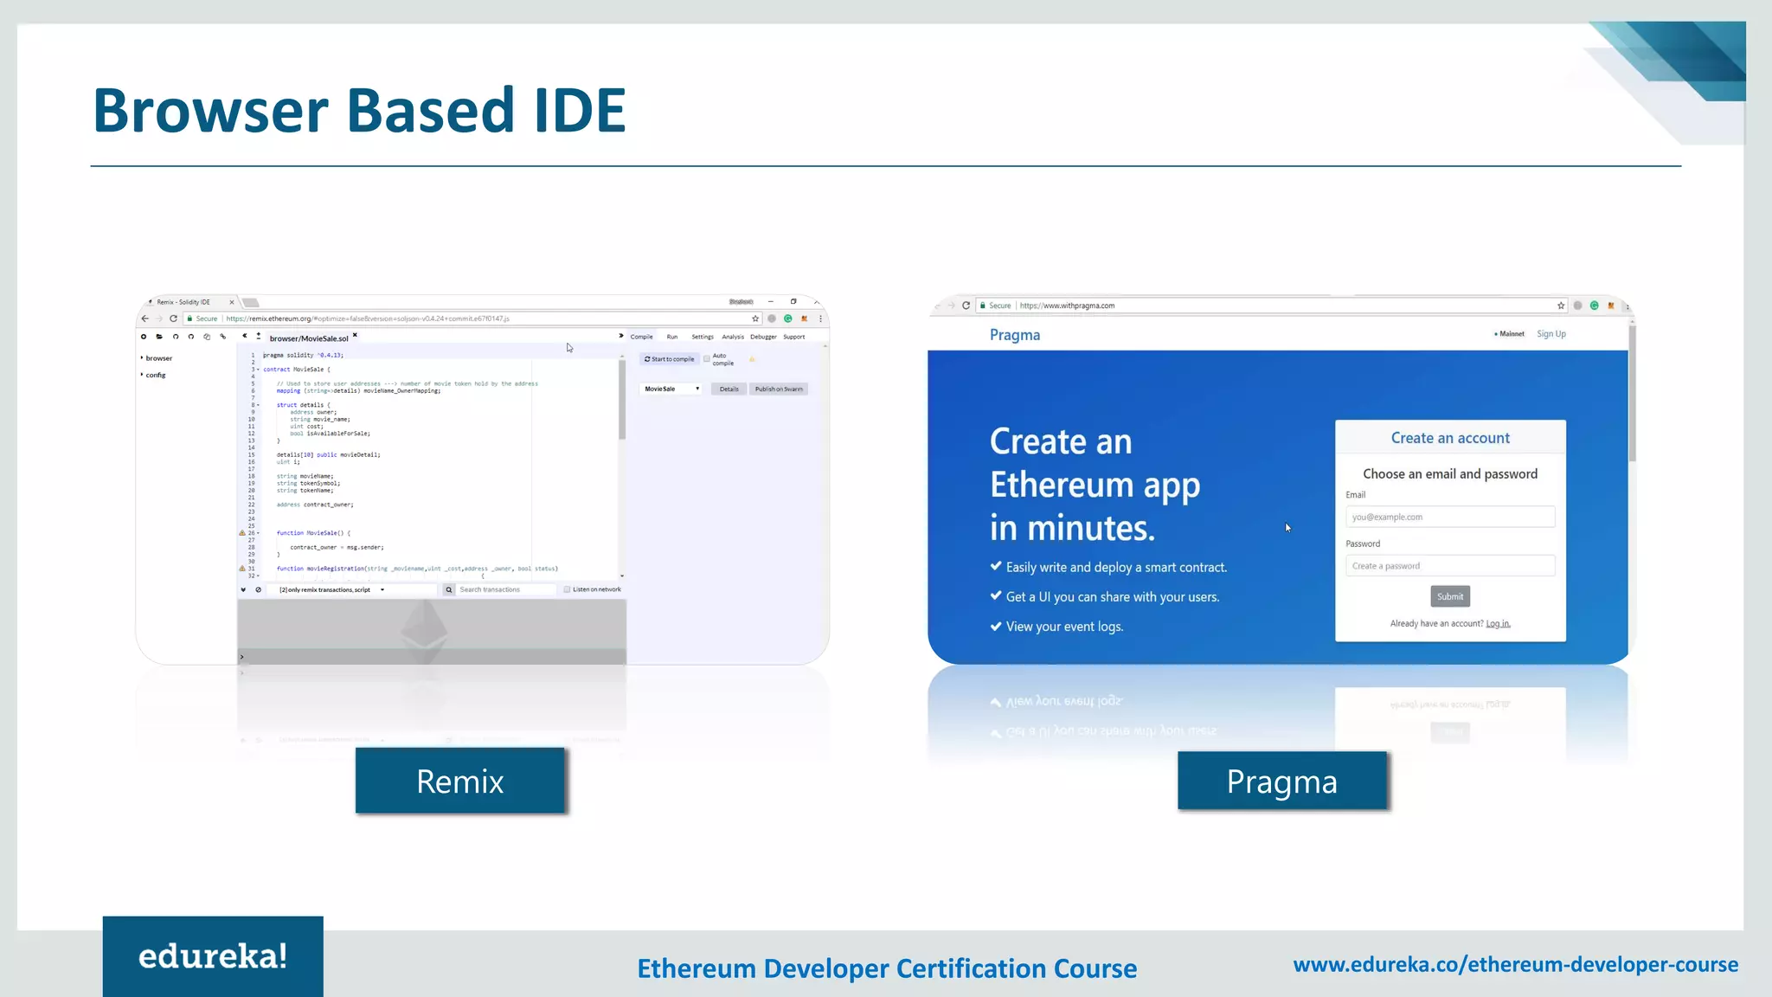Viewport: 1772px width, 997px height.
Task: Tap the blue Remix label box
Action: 460,781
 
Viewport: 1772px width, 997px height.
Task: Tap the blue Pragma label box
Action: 1282,781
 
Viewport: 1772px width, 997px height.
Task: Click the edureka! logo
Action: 213,956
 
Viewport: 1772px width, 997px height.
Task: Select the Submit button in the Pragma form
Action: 1450,596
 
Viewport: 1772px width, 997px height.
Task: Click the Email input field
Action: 1450,517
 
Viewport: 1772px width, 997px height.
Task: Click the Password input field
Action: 1450,566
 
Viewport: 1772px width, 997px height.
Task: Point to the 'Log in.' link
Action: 1498,624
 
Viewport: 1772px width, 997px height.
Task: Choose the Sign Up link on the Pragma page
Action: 1551,334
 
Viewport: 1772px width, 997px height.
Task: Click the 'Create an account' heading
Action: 1450,438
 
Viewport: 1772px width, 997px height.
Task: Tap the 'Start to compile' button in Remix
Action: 670,359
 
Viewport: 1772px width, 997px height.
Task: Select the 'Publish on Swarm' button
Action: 779,389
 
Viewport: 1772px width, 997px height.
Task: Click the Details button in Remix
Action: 729,389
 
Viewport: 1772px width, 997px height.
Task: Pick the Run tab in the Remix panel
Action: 672,337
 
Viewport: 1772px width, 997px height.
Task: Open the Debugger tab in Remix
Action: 763,337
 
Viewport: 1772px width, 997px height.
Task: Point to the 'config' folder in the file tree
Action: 156,376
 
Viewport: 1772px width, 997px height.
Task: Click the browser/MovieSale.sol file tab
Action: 309,338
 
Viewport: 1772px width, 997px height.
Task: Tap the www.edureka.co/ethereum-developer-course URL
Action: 1516,964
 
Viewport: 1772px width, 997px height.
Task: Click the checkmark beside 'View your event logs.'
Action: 996,626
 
